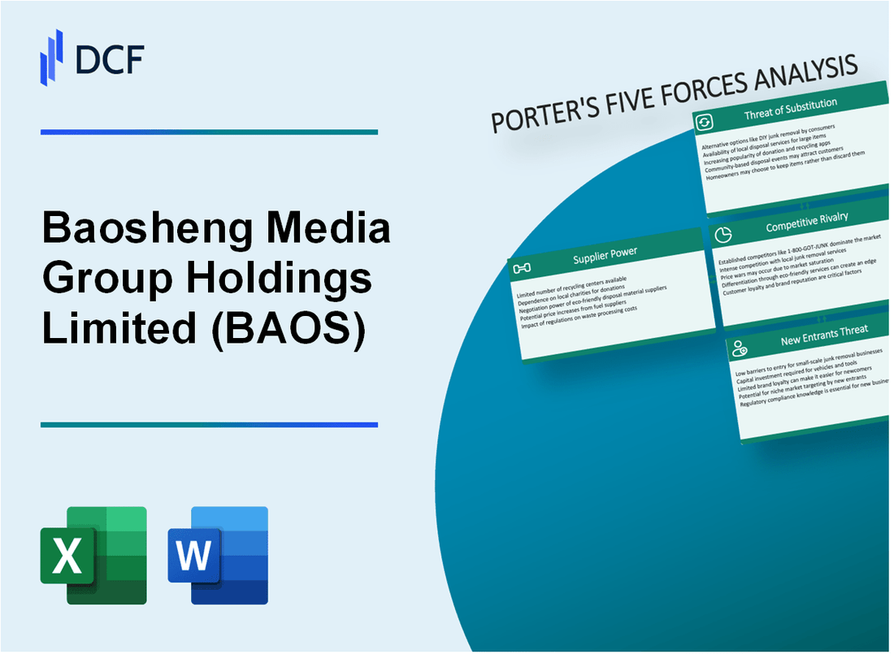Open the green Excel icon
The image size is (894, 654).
pyautogui.click(x=93, y=555)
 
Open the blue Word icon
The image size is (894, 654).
pyautogui.click(x=218, y=555)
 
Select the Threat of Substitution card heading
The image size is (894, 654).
pyautogui.click(x=790, y=110)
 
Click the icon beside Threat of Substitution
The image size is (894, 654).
pyautogui.click(x=704, y=122)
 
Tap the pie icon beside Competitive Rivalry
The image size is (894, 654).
pyautogui.click(x=722, y=235)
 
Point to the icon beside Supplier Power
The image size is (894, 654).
pyautogui.click(x=522, y=267)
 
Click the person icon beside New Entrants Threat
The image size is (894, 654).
pyautogui.click(x=740, y=349)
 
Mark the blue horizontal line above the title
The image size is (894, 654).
pyautogui.click(x=209, y=132)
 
